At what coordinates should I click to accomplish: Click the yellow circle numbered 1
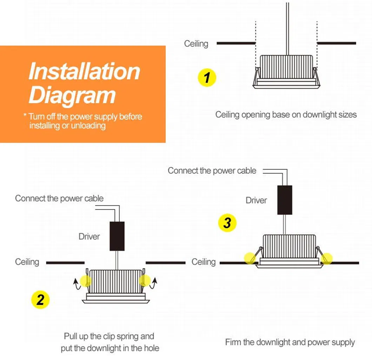[207, 77]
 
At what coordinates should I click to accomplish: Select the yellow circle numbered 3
[227, 222]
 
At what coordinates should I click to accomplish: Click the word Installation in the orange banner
[84, 71]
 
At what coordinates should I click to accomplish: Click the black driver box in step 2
[117, 236]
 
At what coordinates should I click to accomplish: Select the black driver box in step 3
[285, 200]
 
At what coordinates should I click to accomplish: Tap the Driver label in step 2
[89, 236]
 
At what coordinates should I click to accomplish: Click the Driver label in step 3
[256, 200]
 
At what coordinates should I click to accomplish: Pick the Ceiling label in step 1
[196, 44]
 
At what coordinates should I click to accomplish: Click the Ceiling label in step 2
[27, 262]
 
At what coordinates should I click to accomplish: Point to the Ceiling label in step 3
[204, 262]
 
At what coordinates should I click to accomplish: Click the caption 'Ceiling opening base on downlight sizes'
[286, 115]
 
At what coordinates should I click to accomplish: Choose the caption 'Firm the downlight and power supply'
[290, 342]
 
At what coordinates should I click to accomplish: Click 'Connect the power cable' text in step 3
[212, 171]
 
